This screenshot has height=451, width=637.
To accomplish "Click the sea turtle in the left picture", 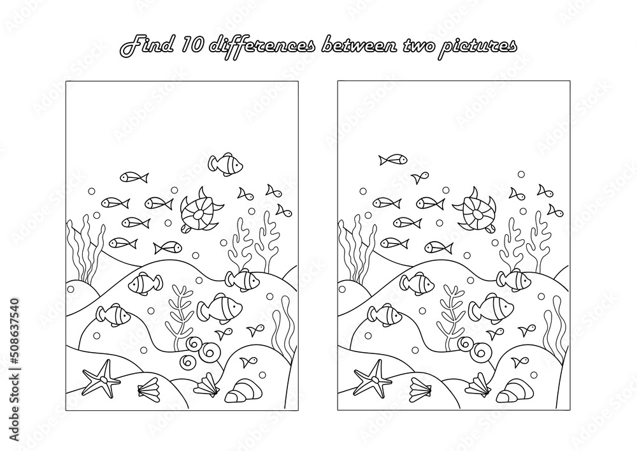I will [199, 210].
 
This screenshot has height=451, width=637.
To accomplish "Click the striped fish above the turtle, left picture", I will [225, 164].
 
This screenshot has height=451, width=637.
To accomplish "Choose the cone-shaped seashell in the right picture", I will [512, 392].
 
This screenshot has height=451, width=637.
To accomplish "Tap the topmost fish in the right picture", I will [392, 159].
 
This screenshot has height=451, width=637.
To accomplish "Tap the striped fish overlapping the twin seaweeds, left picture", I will [243, 278].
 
